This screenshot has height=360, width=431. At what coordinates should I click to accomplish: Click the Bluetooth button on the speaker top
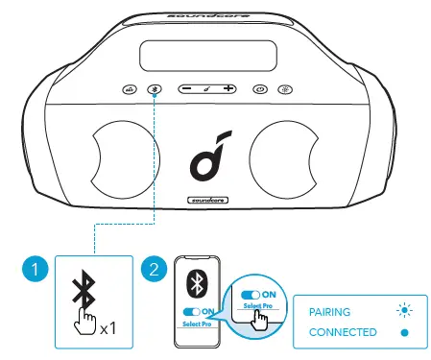coord(156,89)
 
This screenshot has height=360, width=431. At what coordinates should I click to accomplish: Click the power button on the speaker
coord(258,89)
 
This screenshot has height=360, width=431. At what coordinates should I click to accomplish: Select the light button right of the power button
coord(284,89)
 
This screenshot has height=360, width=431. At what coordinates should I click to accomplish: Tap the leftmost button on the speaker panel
coord(130,89)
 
